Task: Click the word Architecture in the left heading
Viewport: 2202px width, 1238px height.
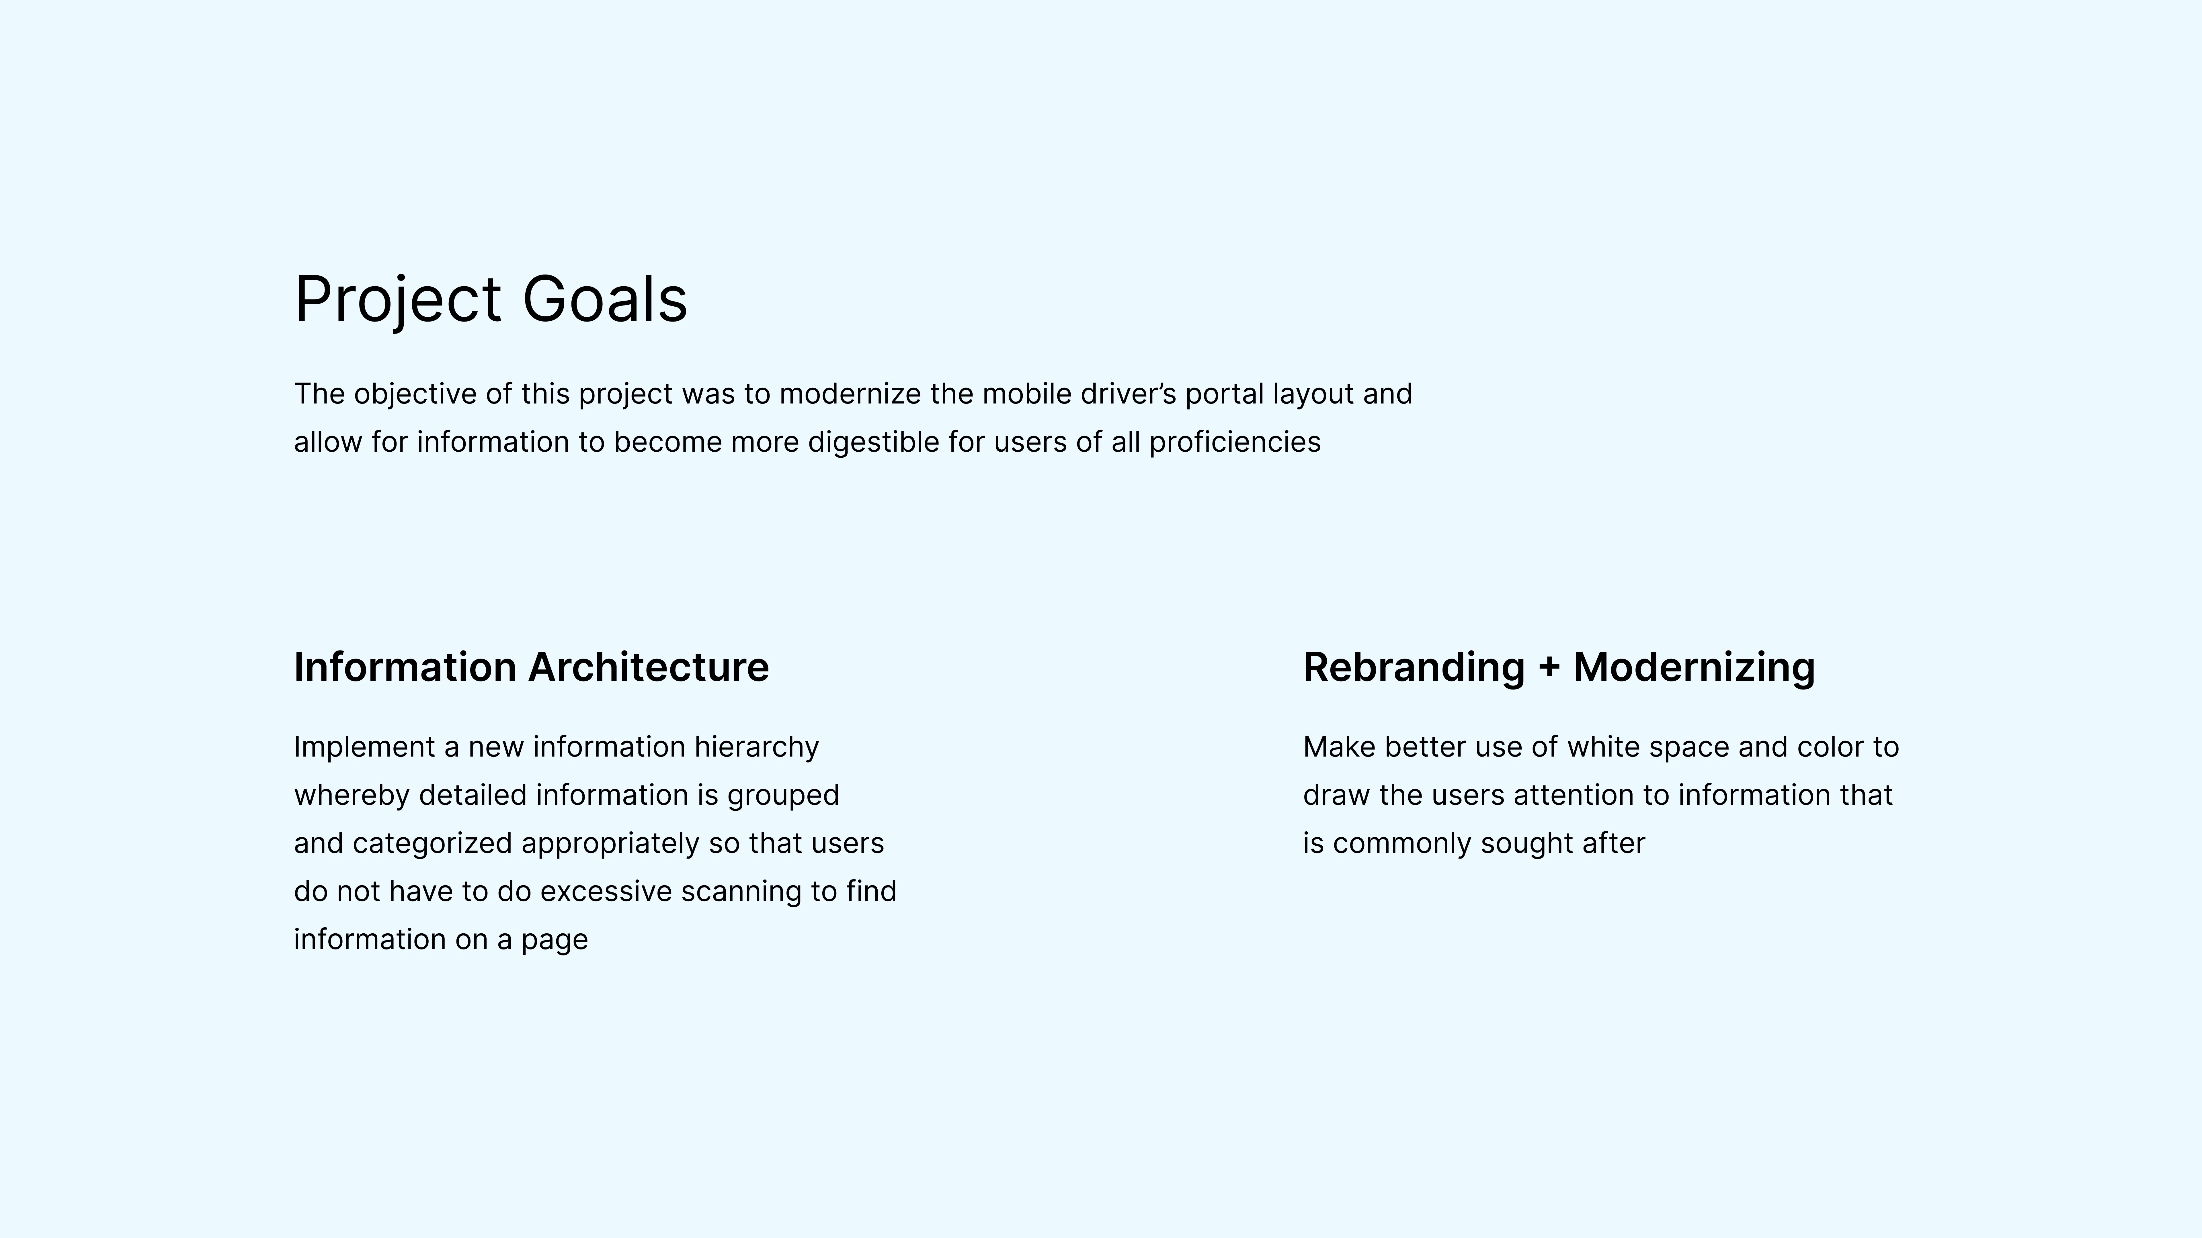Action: coord(649,667)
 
